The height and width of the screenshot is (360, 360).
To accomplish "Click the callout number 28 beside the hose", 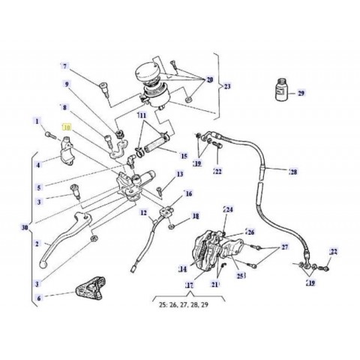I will (292, 172).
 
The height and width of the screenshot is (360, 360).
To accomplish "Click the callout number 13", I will (180, 174).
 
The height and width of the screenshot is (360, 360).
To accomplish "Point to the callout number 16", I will (188, 193).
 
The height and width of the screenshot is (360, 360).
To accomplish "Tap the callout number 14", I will (182, 268).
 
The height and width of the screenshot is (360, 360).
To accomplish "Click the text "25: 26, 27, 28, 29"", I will (192, 306).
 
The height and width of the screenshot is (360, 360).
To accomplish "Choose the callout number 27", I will (285, 246).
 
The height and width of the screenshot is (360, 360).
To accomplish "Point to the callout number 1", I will (36, 121).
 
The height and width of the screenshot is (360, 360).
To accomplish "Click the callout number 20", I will (209, 80).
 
